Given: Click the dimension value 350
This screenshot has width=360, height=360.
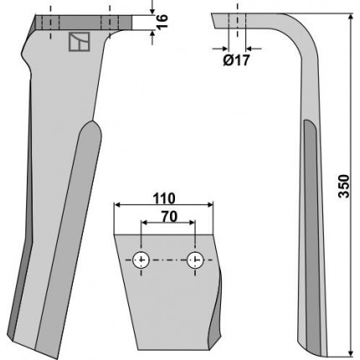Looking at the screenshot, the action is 344,186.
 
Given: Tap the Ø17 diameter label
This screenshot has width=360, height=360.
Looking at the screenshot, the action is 236,60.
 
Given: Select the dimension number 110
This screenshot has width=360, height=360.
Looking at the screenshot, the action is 164,198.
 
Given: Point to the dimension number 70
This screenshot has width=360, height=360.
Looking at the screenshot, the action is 169,217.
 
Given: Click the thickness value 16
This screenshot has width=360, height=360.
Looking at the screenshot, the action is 162,21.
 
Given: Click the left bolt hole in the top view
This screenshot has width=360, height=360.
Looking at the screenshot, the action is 141,260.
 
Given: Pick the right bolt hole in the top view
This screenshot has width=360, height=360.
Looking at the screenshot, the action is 195,260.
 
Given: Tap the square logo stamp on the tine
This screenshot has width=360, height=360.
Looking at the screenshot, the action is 80,42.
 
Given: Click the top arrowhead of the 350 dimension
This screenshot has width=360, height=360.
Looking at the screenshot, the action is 351,17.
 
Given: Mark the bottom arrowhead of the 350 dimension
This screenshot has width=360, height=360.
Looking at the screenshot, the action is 351,352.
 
